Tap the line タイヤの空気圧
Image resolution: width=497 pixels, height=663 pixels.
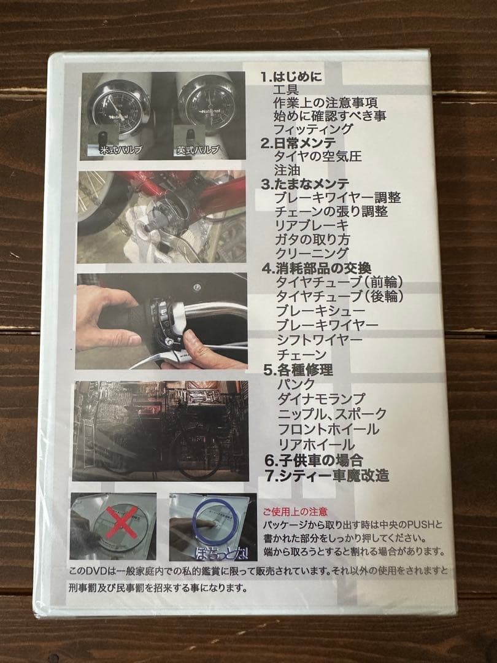[x=317, y=157]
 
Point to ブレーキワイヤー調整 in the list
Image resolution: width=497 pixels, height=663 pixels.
[x=337, y=198]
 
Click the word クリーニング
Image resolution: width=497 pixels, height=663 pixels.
[x=312, y=253]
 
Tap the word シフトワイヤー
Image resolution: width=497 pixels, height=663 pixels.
[x=319, y=339]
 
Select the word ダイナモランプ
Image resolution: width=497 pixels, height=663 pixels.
[x=321, y=399]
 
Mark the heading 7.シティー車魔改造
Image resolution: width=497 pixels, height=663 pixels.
[x=326, y=475]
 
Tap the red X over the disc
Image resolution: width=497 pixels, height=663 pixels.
[x=121, y=522]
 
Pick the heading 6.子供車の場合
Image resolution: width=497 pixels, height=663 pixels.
[x=314, y=460]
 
